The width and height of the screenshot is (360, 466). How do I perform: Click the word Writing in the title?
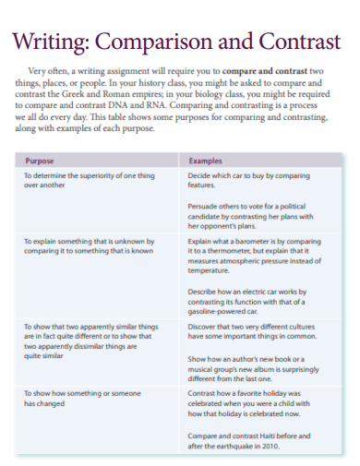[48, 42]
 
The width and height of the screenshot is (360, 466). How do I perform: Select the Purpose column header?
[40, 160]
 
